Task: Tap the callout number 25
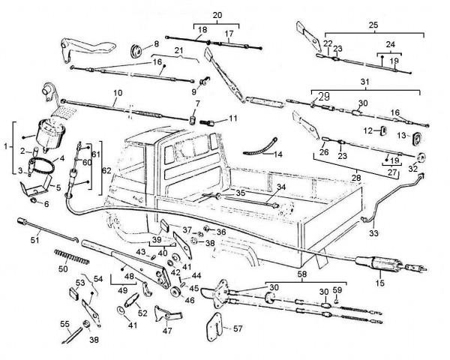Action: (373, 25)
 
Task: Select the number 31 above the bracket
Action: (364, 81)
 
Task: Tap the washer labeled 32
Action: (421, 157)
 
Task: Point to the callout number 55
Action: (64, 325)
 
